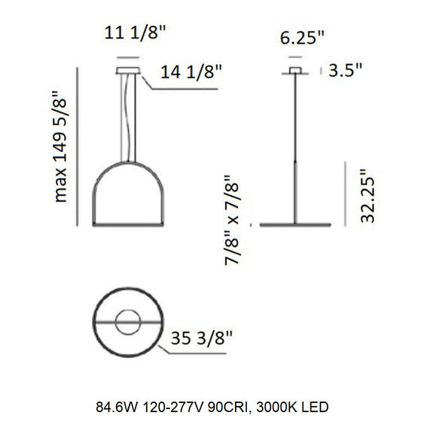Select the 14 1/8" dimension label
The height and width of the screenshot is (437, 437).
point(191,73)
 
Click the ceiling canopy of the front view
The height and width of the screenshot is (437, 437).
point(128,72)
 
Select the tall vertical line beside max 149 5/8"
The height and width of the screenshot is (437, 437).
point(78,146)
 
